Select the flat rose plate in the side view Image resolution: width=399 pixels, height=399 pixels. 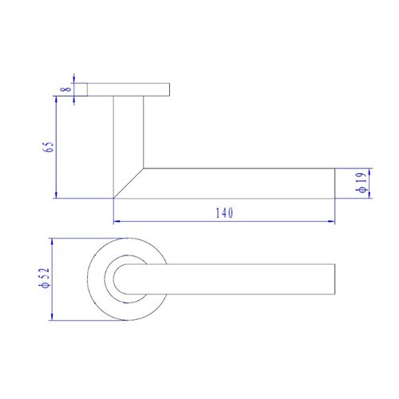coord(128,89)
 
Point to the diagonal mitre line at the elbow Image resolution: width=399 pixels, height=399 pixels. coord(128,183)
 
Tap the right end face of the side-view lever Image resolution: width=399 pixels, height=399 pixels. coord(334,183)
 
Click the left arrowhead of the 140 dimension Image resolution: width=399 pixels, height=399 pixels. coord(117,220)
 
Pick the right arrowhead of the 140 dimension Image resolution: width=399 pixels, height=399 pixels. coord(330,220)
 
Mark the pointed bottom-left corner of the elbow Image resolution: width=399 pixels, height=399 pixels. coord(114,197)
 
